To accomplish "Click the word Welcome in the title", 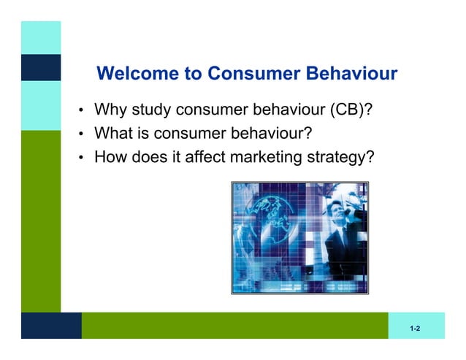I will tap(133, 74).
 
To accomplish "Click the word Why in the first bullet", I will tap(110, 111).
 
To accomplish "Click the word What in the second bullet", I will tap(112, 134).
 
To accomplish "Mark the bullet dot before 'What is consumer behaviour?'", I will tap(83, 135).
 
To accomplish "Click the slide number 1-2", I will tap(415, 330).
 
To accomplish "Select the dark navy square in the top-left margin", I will tap(40, 67).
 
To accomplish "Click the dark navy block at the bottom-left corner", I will tap(50, 326).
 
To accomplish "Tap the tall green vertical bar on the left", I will tap(40, 219).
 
